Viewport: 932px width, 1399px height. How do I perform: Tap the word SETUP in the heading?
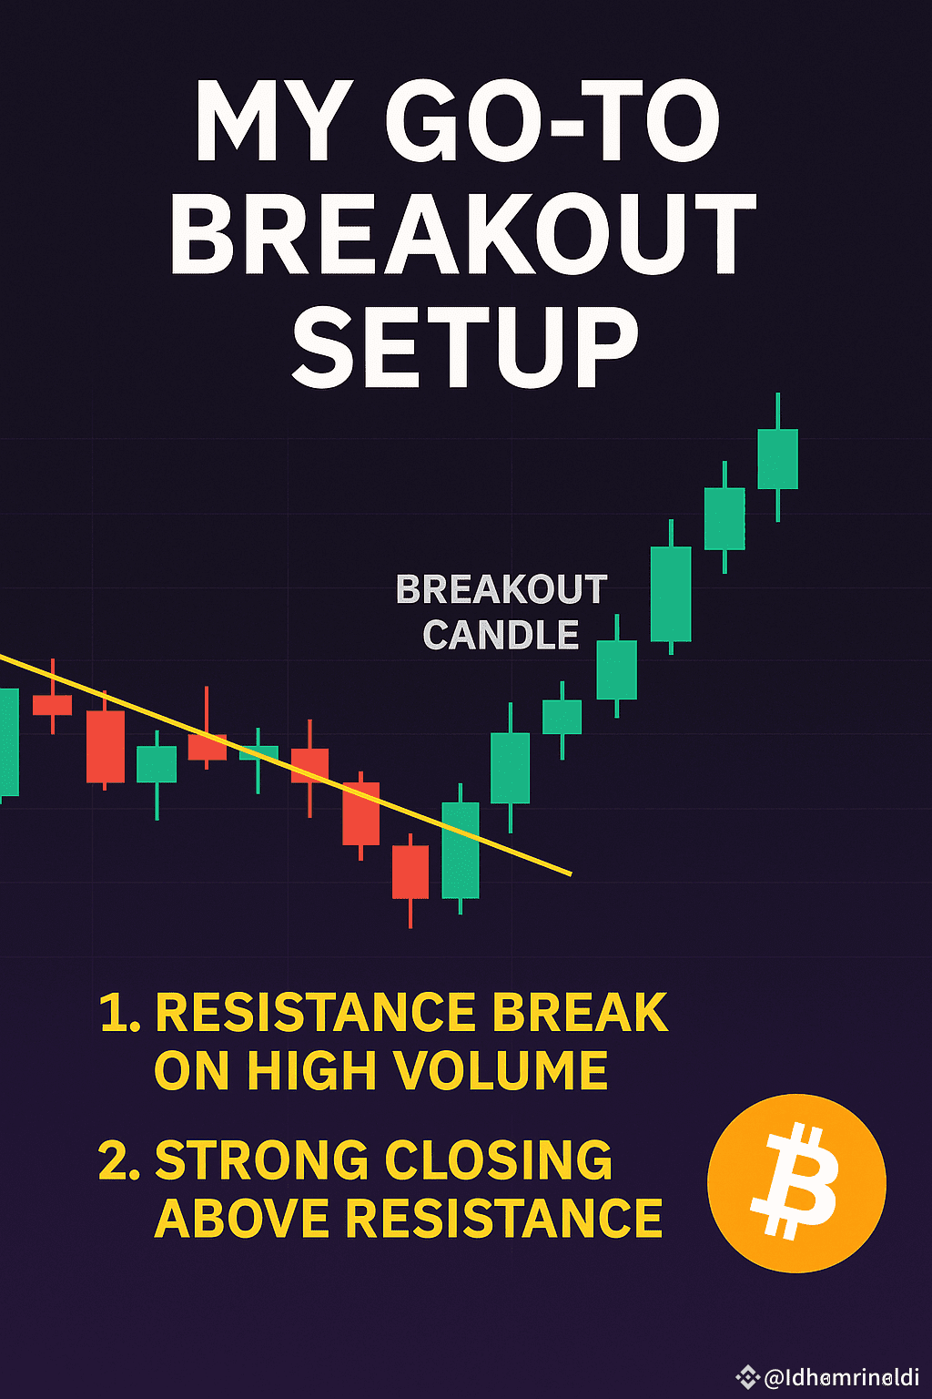pyautogui.click(x=465, y=347)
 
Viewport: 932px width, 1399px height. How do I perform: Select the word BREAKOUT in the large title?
pyautogui.click(x=463, y=234)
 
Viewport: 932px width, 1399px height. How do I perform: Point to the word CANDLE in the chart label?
pyautogui.click(x=501, y=635)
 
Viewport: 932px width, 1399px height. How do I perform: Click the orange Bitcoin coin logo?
pyautogui.click(x=796, y=1182)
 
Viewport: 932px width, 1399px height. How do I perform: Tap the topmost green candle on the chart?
pyautogui.click(x=778, y=459)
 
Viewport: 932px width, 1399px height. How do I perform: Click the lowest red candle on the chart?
pyautogui.click(x=410, y=872)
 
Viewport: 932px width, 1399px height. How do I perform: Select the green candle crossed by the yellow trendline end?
pyautogui.click(x=461, y=850)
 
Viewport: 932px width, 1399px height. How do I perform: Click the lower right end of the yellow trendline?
pyautogui.click(x=569, y=873)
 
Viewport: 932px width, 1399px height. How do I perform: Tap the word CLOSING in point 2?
pyautogui.click(x=499, y=1160)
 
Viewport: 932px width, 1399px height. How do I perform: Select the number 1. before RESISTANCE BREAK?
pyautogui.click(x=119, y=1012)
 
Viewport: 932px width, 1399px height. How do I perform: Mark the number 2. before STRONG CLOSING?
pyautogui.click(x=119, y=1160)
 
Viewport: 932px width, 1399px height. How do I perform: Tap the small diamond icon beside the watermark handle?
pyautogui.click(x=748, y=1377)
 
